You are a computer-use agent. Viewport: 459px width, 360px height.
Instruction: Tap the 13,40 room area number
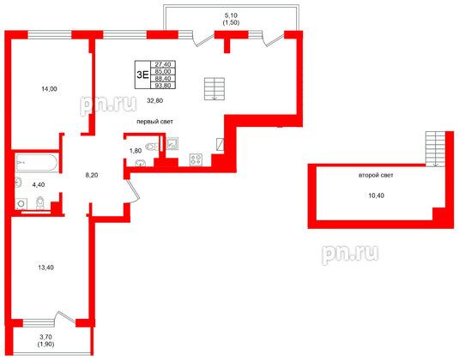coord(49,266)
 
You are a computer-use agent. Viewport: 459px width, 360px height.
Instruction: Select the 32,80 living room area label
coord(155,100)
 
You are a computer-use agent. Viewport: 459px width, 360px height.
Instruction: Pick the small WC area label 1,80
coord(136,152)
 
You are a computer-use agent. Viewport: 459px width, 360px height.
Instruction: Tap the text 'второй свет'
coord(376,176)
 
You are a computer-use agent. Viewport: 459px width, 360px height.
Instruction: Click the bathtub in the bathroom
coord(35,162)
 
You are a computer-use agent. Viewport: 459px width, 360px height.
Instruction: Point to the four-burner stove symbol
coord(195,159)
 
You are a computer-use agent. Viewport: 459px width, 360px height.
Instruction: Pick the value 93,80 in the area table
coord(161,85)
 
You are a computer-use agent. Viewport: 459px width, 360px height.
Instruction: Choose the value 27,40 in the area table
coord(161,64)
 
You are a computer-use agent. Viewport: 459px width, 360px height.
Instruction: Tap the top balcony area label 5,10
coord(231,15)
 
